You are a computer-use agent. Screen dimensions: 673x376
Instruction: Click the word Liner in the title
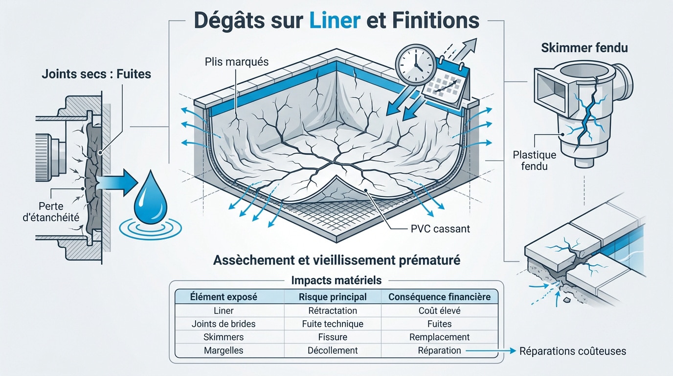tap(335, 21)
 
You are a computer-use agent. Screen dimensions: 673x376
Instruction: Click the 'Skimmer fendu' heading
tap(584, 48)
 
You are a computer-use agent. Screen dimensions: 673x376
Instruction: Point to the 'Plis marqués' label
tap(237, 62)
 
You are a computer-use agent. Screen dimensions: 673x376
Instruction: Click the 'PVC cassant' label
tap(440, 229)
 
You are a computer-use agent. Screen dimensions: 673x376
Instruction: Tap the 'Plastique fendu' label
tap(535, 160)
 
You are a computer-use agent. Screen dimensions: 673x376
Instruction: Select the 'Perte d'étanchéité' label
tap(51, 211)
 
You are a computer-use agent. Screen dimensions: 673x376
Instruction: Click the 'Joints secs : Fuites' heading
tap(96, 74)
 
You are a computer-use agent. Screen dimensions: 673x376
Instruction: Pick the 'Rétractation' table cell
tap(333, 310)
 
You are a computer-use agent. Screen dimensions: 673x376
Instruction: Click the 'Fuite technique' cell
tap(333, 324)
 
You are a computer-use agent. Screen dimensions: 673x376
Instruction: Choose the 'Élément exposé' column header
tap(224, 297)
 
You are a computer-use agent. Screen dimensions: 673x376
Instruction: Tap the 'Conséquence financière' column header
tap(440, 297)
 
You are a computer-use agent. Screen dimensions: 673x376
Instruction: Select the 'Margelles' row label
tap(224, 351)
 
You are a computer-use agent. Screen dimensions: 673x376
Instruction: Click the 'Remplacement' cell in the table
tap(440, 337)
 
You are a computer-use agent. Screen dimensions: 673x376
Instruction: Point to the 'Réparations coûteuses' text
tap(573, 351)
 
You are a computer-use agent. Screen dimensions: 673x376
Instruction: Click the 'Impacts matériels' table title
tap(336, 281)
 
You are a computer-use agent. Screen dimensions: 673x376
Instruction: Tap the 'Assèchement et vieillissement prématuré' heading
tap(336, 260)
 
